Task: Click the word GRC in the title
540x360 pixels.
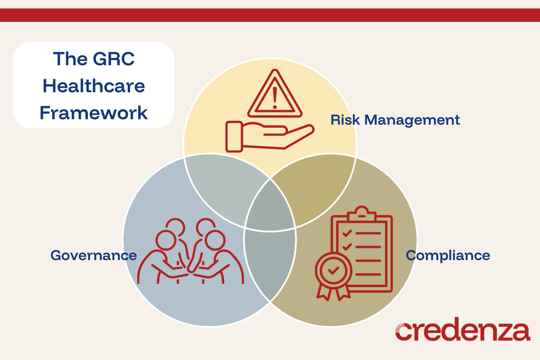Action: tap(111, 59)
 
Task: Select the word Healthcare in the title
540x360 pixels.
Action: tap(94, 85)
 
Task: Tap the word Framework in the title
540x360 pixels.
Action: tap(94, 112)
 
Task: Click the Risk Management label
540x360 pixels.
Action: tap(395, 120)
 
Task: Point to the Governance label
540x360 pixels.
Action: tap(94, 255)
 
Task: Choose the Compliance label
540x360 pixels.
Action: tap(448, 255)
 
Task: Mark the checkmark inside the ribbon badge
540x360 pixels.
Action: tap(333, 270)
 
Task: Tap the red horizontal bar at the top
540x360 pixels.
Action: tap(270, 15)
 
